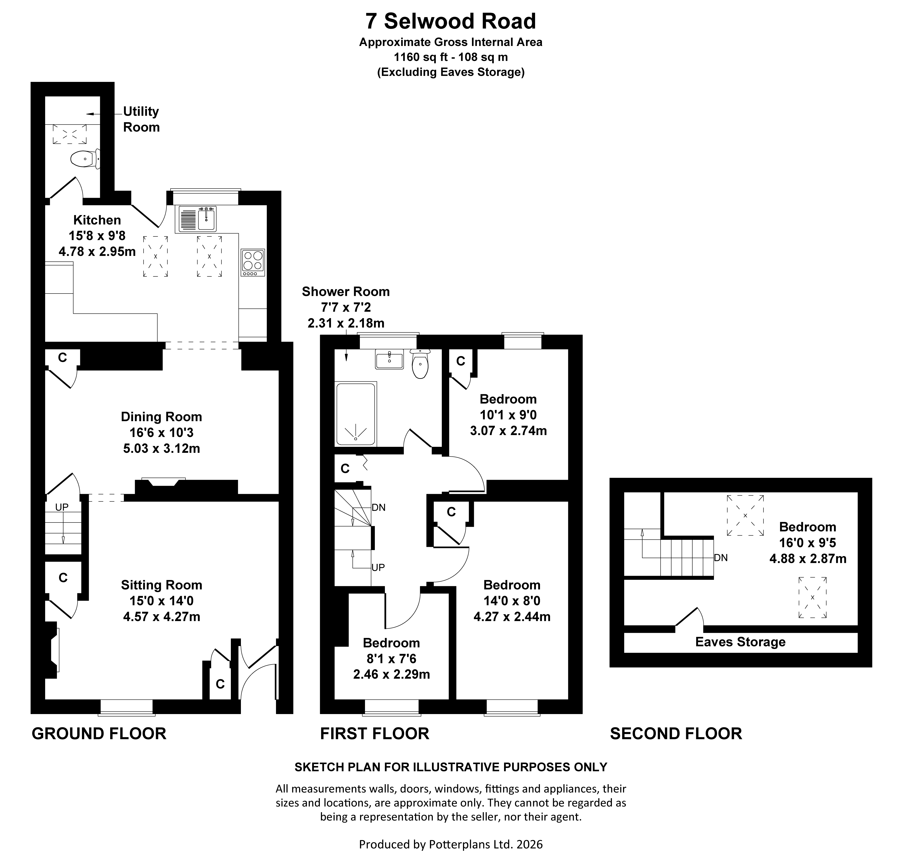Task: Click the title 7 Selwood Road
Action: tap(451, 21)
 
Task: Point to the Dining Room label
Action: tap(161, 417)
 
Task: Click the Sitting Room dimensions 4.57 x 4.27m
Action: tap(161, 617)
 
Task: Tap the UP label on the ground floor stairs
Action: tap(62, 507)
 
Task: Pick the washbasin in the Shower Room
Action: tap(389, 359)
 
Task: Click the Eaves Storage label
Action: tap(740, 642)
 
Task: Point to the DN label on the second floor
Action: tap(721, 558)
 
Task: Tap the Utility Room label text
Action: tap(141, 119)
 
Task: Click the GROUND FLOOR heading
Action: tap(99, 734)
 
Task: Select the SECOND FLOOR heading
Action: tap(676, 734)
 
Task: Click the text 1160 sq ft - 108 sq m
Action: tap(451, 57)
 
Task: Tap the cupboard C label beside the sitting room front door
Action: tap(220, 684)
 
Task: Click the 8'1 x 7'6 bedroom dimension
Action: tap(391, 659)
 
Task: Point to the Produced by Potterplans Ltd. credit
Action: tap(451, 844)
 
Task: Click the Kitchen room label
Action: tap(97, 220)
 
